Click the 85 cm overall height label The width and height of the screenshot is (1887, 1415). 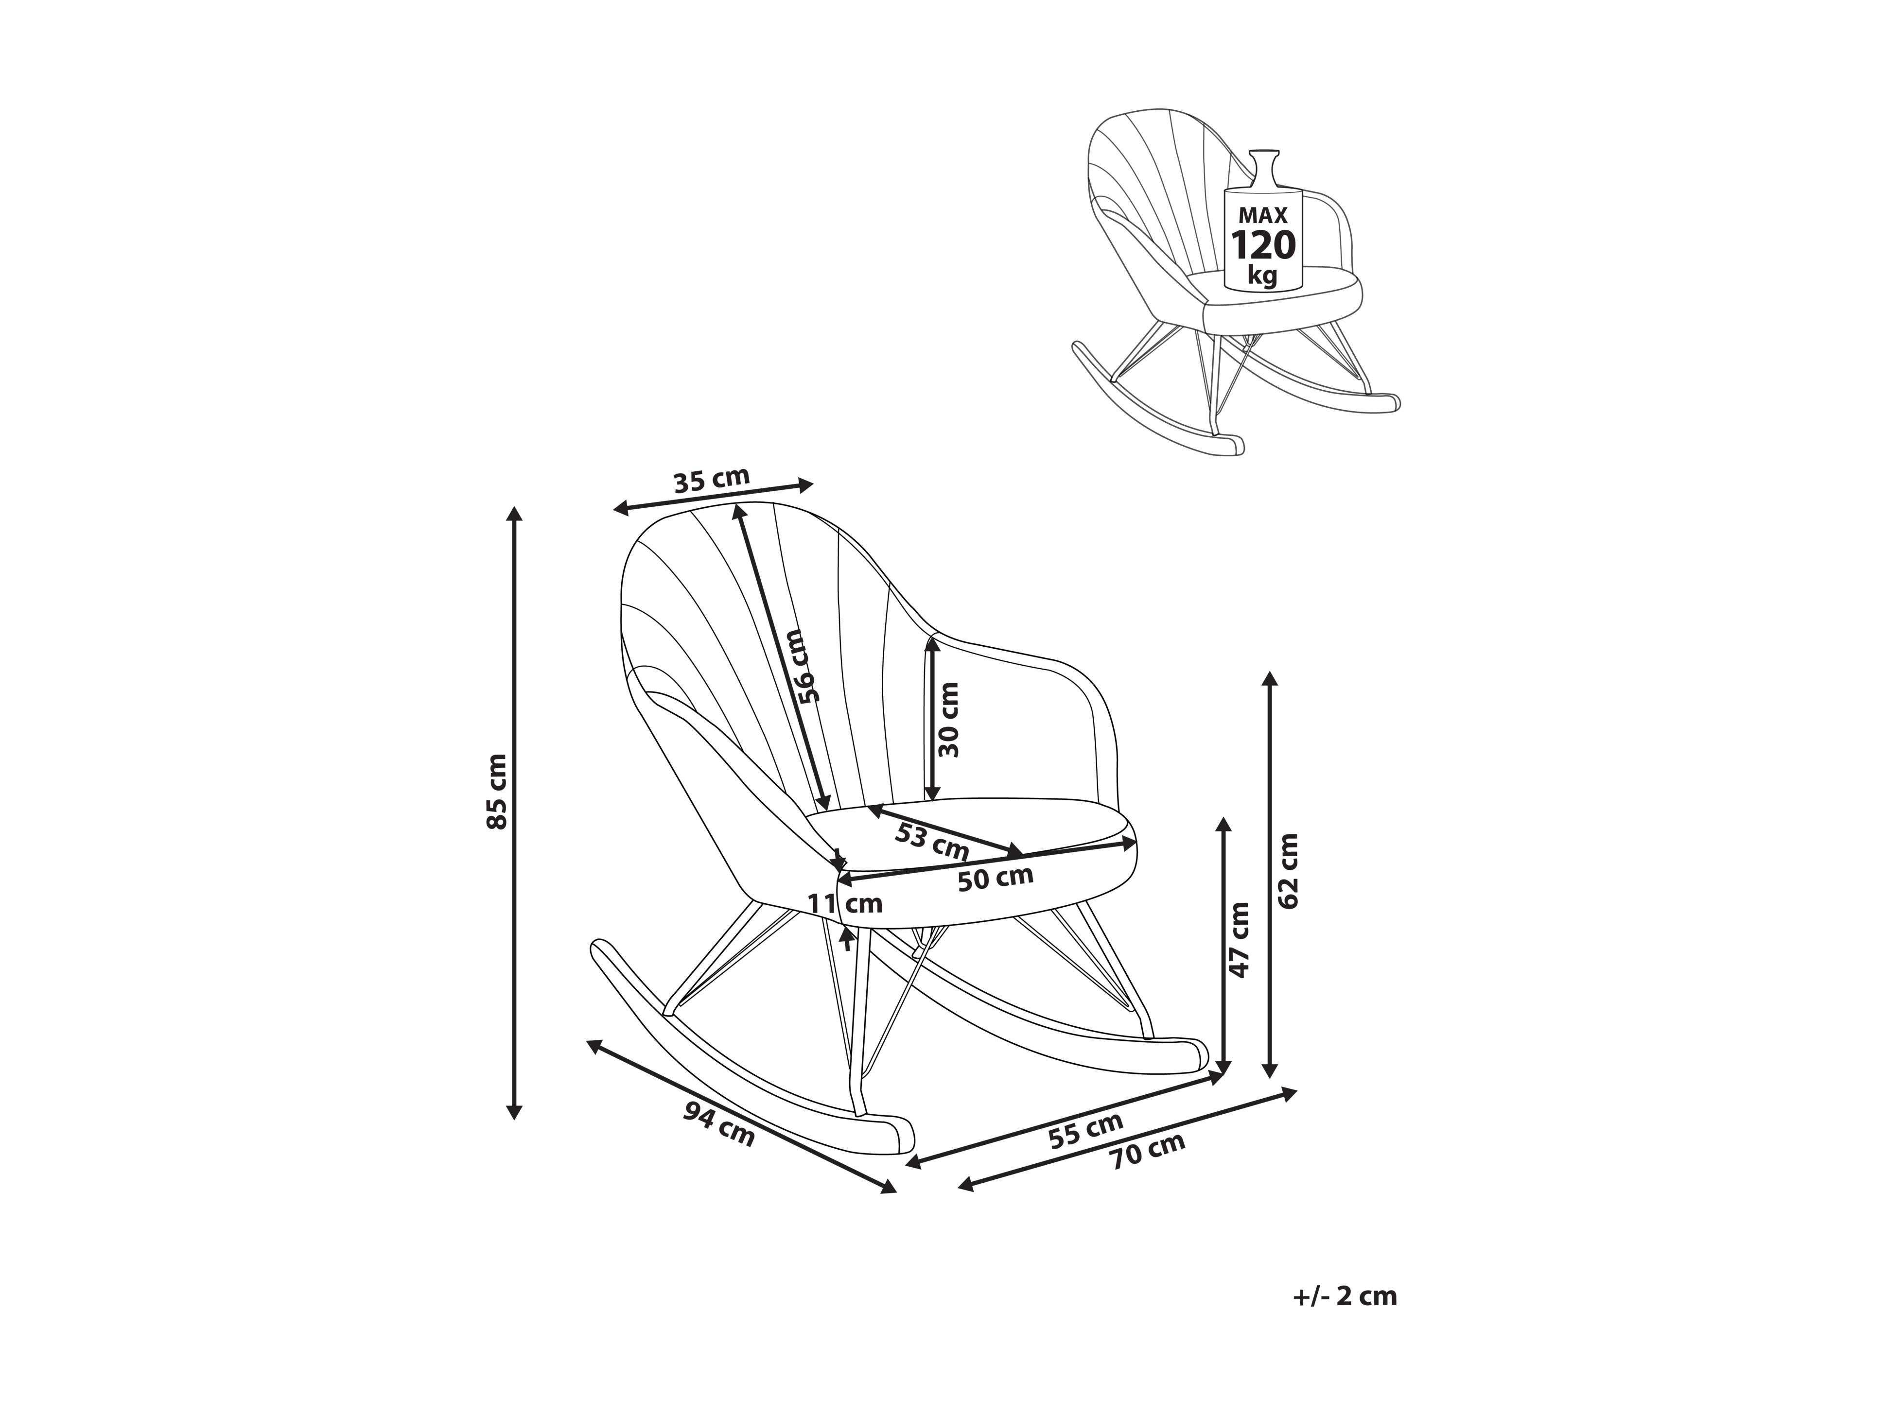coord(496,791)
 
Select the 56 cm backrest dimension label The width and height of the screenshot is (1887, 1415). coord(803,665)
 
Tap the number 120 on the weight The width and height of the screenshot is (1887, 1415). coord(1263,246)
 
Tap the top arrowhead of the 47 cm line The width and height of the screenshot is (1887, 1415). coord(1223,824)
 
